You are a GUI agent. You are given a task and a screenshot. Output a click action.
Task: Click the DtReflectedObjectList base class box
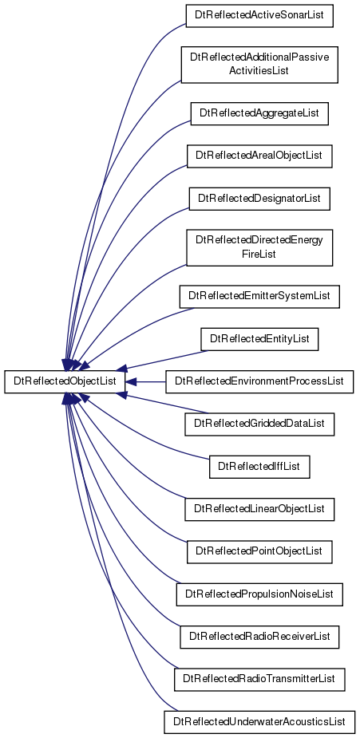(65, 381)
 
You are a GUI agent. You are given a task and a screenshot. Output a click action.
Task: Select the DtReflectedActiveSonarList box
(259, 15)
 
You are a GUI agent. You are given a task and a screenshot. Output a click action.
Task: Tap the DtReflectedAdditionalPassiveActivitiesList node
(259, 65)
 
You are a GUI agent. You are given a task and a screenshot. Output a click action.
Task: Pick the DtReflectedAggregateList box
(259, 113)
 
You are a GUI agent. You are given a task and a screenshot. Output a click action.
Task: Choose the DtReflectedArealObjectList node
(259, 156)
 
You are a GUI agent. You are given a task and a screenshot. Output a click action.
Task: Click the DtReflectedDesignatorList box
(259, 199)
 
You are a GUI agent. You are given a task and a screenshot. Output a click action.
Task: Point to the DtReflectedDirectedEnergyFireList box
(259, 247)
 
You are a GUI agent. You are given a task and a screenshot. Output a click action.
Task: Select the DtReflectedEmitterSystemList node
(259, 297)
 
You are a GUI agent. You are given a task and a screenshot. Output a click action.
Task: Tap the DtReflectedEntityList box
(259, 339)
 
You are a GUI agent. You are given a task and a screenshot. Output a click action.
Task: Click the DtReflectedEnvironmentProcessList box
(259, 381)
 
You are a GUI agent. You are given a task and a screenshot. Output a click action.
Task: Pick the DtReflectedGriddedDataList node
(259, 424)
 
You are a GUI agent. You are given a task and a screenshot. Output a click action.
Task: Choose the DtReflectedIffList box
(259, 467)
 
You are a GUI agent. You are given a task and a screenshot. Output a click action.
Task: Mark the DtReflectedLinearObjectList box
(259, 509)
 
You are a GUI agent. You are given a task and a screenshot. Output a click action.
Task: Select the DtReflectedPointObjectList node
(259, 551)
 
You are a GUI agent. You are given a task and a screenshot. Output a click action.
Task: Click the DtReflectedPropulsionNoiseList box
(259, 594)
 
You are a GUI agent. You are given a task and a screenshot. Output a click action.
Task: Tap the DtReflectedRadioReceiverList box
(259, 637)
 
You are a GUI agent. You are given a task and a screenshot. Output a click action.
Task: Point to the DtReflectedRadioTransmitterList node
(259, 680)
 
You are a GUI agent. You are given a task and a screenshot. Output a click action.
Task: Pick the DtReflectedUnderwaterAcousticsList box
(259, 722)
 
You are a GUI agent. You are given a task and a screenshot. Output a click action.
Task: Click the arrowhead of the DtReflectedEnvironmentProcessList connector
(131, 381)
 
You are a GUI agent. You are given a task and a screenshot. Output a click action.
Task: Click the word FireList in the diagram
(259, 255)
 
